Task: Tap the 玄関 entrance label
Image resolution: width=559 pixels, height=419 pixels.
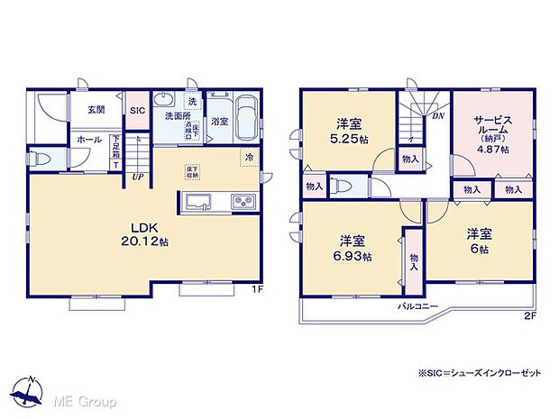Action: [x=96, y=109]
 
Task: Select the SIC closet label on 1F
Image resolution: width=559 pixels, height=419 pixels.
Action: [x=137, y=110]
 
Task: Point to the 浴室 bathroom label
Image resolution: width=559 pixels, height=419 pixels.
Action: [x=219, y=120]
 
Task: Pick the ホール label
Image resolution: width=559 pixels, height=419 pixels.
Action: [x=88, y=140]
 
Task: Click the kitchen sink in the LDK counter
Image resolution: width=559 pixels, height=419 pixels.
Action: [x=198, y=201]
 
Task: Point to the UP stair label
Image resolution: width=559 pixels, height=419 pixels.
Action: [x=137, y=177]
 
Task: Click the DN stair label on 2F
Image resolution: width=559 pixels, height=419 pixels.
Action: [x=436, y=115]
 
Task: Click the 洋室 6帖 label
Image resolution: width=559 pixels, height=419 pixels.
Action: [x=479, y=241]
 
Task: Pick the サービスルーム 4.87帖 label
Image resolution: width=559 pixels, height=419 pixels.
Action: [x=491, y=133]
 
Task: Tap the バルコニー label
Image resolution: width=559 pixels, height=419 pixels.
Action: [x=419, y=306]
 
